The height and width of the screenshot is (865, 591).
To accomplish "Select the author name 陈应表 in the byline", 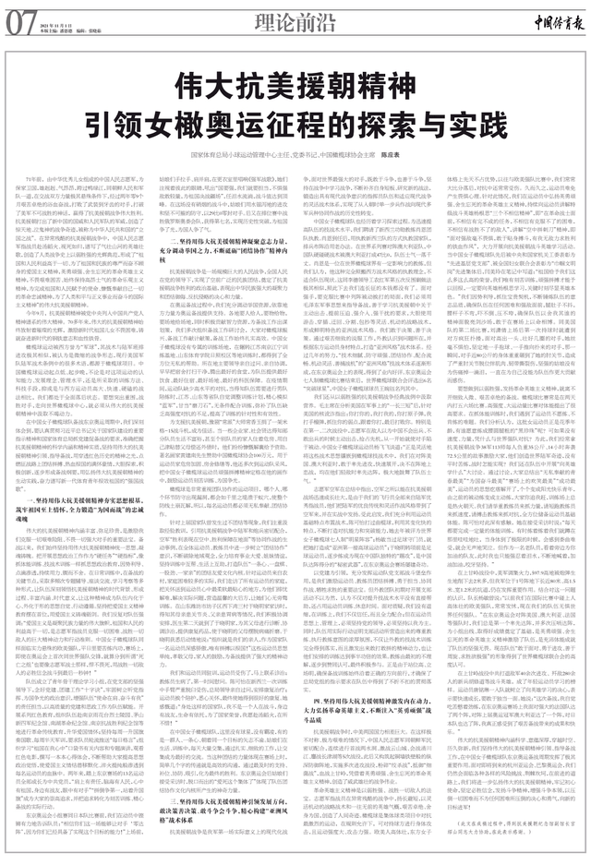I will [394, 159].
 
